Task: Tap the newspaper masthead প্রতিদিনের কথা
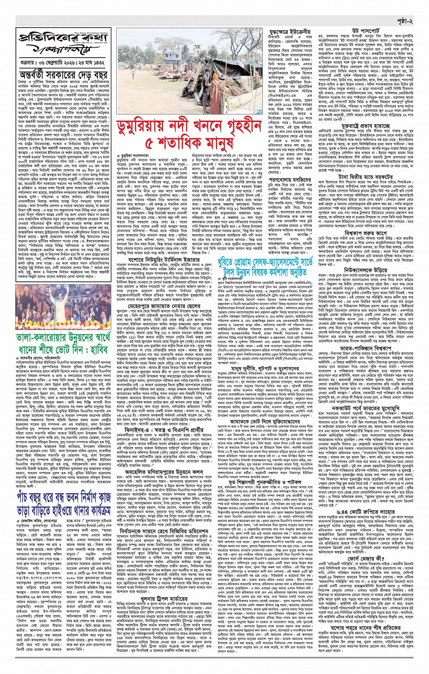63,40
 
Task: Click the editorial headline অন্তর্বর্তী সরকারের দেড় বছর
63,74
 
